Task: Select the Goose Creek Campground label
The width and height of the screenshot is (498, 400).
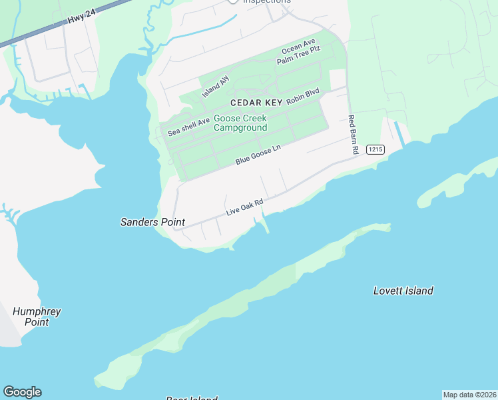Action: coord(240,123)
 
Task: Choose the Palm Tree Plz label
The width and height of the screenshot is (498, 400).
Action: coord(299,55)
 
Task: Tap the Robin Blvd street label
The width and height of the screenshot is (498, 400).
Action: coord(303,96)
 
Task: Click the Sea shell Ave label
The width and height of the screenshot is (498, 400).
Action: coord(189,126)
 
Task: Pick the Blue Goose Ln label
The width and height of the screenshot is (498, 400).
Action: coord(258,156)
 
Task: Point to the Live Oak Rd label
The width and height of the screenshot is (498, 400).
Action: coord(245,207)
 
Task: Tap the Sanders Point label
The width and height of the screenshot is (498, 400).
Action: coord(152,222)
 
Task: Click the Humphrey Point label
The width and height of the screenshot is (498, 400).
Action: coord(37,317)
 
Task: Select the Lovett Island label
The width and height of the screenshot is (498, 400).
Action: coord(403,291)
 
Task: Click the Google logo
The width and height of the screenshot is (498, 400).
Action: coord(22,392)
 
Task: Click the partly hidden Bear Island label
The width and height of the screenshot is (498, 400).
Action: coord(192,398)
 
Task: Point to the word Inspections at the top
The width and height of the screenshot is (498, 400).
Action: coord(267,2)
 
